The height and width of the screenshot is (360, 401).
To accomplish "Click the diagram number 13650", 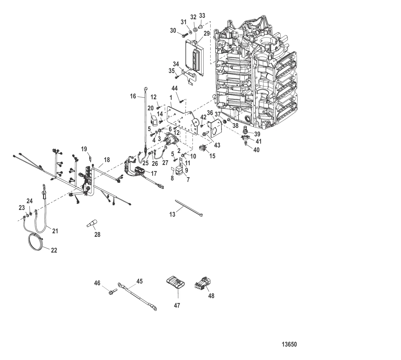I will [x=289, y=345].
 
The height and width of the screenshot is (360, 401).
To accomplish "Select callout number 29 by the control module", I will [x=207, y=34].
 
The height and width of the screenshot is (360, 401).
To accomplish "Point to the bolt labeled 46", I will [x=112, y=291].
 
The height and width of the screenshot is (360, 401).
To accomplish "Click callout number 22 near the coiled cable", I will [x=54, y=250].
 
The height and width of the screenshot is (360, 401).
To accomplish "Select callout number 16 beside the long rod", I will [x=133, y=96].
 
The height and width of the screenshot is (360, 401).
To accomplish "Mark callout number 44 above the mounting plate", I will [x=175, y=88].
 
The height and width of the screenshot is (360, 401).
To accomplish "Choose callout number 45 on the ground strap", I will [x=139, y=281].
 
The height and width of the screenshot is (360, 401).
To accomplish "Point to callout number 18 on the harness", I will [x=107, y=160].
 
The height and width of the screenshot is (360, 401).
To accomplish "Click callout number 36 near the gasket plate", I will [x=210, y=112].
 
